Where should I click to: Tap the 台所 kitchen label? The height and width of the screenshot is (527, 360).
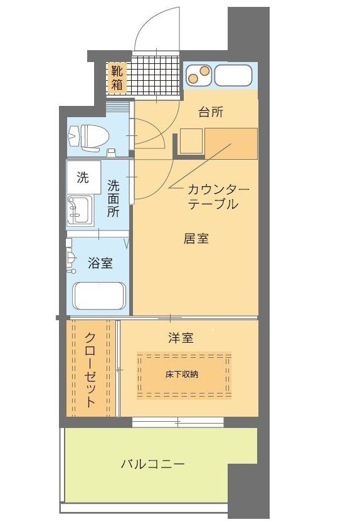[211, 112]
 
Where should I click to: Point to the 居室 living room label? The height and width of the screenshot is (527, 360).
[196, 239]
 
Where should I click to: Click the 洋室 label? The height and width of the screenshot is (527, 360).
[181, 338]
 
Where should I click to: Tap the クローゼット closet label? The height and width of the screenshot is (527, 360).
[91, 369]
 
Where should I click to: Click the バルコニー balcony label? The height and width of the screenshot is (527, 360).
[152, 464]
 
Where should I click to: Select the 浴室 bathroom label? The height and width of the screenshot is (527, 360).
[100, 263]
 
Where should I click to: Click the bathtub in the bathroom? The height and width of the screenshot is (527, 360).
[99, 296]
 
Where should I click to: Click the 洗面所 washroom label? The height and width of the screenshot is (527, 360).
[114, 198]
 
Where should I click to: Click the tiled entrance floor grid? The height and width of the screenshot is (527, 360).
[156, 78]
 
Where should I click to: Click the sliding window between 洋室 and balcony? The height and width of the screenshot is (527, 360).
[177, 422]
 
